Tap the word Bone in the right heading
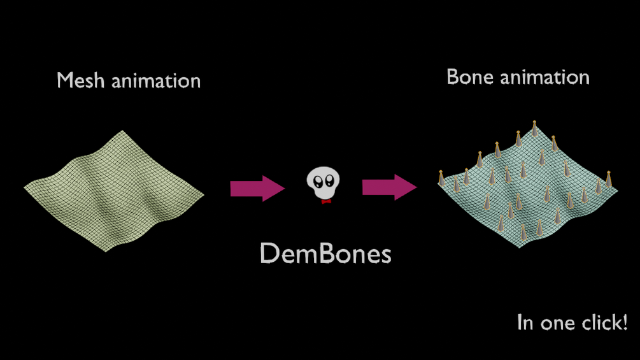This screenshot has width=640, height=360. (x=469, y=77)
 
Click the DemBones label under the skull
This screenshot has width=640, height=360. (x=325, y=254)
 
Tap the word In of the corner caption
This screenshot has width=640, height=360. (x=525, y=322)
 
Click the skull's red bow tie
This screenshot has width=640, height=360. (x=326, y=201)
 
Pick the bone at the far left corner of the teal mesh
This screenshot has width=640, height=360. (x=441, y=178)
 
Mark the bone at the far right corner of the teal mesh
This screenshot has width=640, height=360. (x=609, y=179)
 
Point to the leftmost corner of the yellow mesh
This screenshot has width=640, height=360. (x=25, y=187)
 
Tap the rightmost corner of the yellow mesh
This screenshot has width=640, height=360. (x=203, y=194)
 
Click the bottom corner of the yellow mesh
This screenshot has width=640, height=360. (x=106, y=251)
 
